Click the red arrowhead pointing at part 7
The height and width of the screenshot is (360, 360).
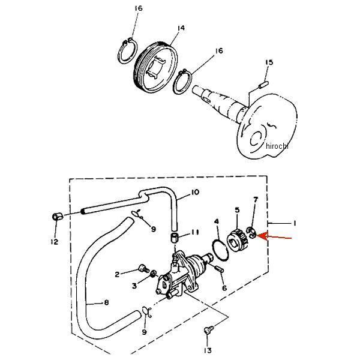point(262,236)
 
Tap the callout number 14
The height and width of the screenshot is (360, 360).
point(181,28)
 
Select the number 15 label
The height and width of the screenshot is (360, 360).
point(269,62)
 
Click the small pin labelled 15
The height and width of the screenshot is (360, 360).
point(263,85)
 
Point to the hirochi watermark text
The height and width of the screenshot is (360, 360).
point(277,146)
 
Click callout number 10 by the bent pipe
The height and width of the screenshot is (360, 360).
point(194,192)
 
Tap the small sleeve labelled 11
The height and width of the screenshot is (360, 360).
point(174,237)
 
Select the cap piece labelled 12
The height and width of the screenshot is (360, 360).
point(58,217)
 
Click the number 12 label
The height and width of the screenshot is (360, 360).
point(55,242)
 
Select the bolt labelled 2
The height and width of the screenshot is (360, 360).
point(144,268)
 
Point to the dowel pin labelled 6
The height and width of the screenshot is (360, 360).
point(219,269)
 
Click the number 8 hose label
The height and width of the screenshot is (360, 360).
point(106,302)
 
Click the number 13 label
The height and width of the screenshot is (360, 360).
point(207,350)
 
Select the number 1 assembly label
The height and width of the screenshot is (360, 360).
point(295,223)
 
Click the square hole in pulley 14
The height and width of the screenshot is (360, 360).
point(156,67)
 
